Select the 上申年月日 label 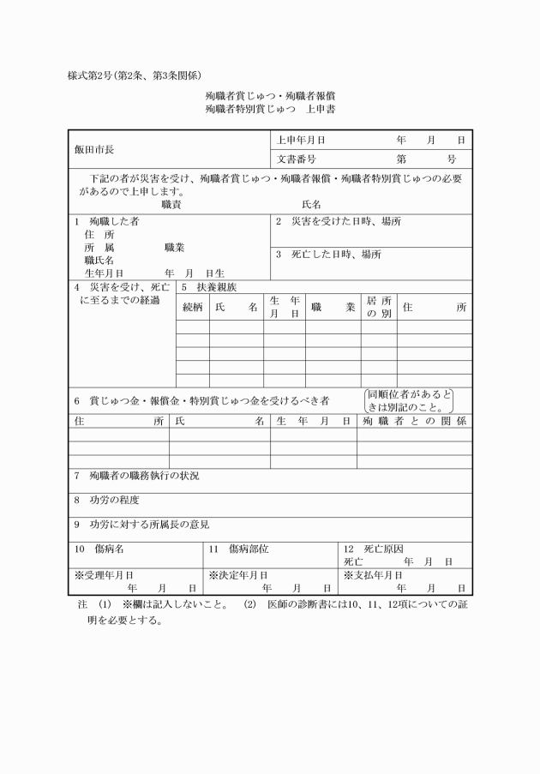coord(301,139)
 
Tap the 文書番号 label coord(297,159)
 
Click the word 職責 coord(171,205)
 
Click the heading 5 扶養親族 coord(207,287)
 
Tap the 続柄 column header coord(193,307)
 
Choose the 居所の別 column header coord(378,307)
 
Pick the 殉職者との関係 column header coord(414,421)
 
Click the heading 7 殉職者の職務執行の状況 coord(136,475)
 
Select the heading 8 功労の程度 coord(106,500)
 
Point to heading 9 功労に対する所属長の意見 coord(141,524)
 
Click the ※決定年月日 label coord(238,574)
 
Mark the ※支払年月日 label coord(373,574)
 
